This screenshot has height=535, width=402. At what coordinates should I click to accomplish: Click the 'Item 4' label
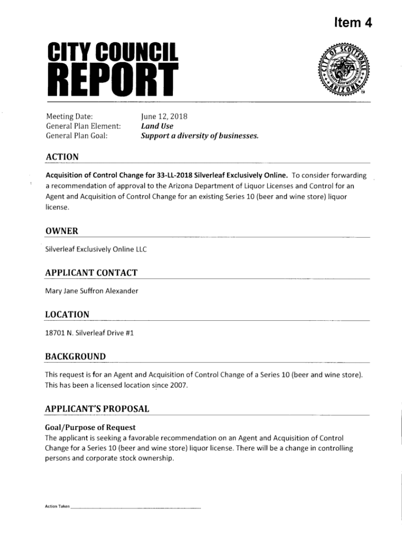[353, 22]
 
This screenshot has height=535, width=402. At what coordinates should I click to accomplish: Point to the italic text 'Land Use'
[157, 126]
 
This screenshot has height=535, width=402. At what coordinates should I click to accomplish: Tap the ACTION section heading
[62, 157]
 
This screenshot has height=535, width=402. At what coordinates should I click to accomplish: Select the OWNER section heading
[62, 231]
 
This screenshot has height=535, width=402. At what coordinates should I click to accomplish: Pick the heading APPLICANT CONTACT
[91, 273]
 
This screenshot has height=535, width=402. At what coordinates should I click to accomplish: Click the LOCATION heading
[67, 315]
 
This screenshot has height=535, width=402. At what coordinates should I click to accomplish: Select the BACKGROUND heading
[75, 356]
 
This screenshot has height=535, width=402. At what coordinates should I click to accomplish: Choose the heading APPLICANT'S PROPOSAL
[97, 409]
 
